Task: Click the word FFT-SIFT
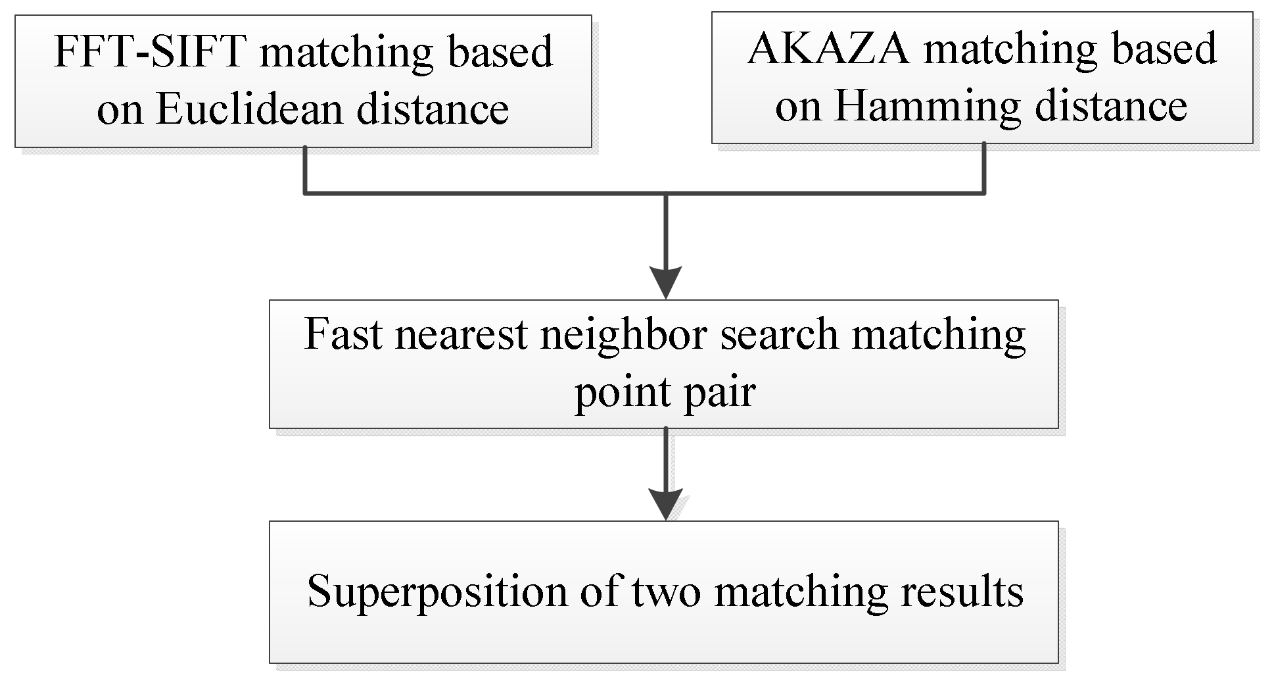pyautogui.click(x=149, y=52)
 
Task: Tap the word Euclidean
pyautogui.click(x=250, y=109)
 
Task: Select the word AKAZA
pyautogui.click(x=829, y=49)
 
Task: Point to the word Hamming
pyautogui.click(x=928, y=106)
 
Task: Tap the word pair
pyautogui.click(x=718, y=393)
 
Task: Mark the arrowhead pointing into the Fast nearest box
pyautogui.click(x=665, y=282)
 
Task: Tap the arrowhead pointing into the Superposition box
pyautogui.click(x=665, y=503)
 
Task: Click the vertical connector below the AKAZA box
pyautogui.click(x=984, y=168)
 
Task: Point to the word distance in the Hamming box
pyautogui.click(x=1111, y=106)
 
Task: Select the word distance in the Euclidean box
pyautogui.click(x=433, y=109)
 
